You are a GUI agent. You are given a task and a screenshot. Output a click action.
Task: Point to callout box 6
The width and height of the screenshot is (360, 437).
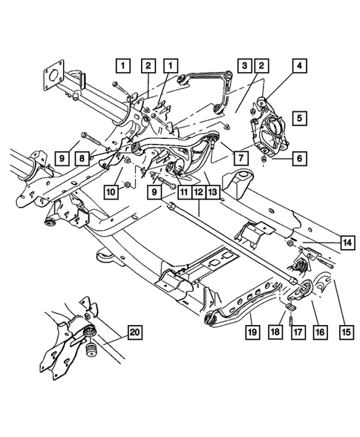(299, 158)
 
